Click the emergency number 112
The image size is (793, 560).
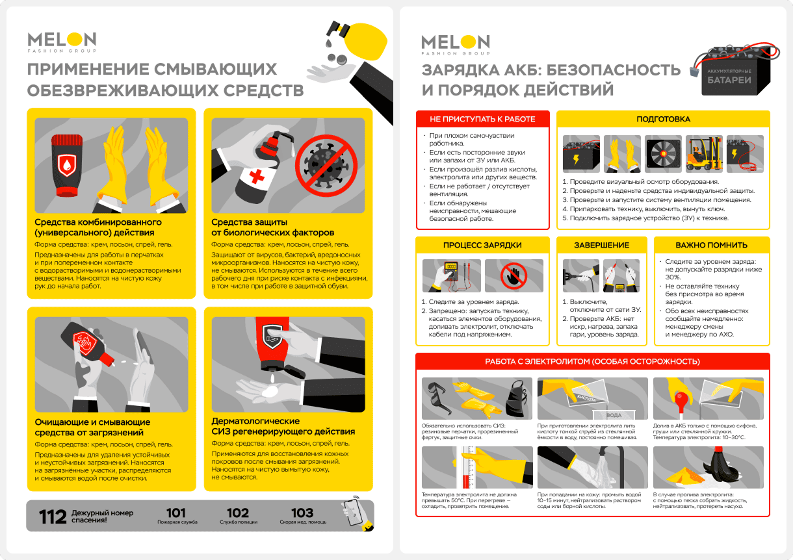click(x=53, y=517)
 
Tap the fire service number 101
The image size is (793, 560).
click(x=176, y=513)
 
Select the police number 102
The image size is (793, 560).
click(x=238, y=513)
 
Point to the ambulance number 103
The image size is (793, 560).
click(x=302, y=513)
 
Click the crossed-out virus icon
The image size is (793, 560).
click(x=326, y=165)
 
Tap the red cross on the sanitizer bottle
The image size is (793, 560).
click(x=257, y=176)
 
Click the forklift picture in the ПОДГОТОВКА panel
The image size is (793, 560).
click(x=704, y=153)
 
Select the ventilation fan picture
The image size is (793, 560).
click(x=663, y=153)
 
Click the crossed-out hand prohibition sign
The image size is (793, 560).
click(x=513, y=276)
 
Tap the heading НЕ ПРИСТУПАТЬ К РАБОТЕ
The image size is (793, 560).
click(x=482, y=120)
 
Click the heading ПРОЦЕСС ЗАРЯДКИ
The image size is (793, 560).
click(x=482, y=245)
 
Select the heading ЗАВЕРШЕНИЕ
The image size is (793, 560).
click(x=601, y=245)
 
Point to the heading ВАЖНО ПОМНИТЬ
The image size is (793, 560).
click(x=711, y=245)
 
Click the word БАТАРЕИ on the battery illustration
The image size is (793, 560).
click(x=729, y=81)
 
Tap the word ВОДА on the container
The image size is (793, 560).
click(x=614, y=415)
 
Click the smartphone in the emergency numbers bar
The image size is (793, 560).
click(x=354, y=512)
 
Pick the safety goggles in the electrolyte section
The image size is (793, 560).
click(x=439, y=396)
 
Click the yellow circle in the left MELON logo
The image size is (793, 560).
click(x=75, y=39)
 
